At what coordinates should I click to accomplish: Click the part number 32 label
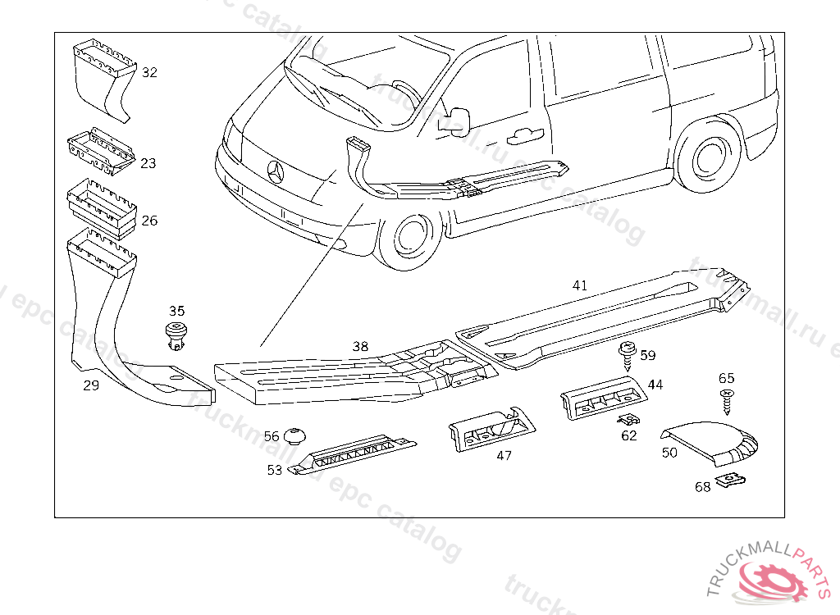pyautogui.click(x=148, y=72)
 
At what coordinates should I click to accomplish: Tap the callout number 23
pyautogui.click(x=148, y=163)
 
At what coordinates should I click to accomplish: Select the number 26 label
pyautogui.click(x=149, y=221)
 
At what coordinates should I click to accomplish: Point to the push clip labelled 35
pyautogui.click(x=175, y=335)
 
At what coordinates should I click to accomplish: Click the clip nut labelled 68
pyautogui.click(x=729, y=481)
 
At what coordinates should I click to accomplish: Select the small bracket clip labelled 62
pyautogui.click(x=628, y=420)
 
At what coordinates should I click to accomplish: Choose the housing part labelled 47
pyautogui.click(x=491, y=428)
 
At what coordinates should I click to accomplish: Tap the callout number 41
pyautogui.click(x=580, y=285)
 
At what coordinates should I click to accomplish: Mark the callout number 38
pyautogui.click(x=360, y=346)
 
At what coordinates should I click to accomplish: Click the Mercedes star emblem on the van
pyautogui.click(x=276, y=172)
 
